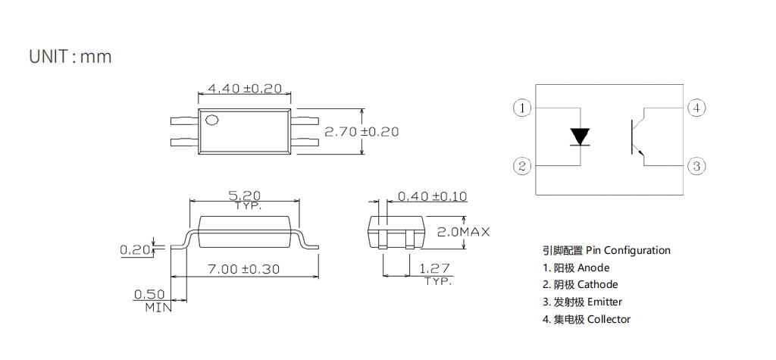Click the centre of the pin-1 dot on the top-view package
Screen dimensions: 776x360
point(212,120)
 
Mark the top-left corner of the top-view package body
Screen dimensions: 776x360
point(198,109)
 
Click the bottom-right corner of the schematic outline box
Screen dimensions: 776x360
point(684,195)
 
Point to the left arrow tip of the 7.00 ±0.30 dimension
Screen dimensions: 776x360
point(171,277)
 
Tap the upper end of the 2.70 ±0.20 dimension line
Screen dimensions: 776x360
point(363,109)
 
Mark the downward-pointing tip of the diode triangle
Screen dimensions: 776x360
point(580,145)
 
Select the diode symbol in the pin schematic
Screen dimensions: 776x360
point(580,137)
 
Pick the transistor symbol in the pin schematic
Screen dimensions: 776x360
point(640,136)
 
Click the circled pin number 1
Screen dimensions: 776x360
point(522,108)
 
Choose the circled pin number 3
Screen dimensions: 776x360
point(696,166)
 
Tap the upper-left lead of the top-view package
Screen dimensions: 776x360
point(184,121)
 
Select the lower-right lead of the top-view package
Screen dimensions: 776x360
point(305,142)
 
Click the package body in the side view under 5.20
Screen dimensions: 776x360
point(244,232)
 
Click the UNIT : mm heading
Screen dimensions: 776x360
point(70,56)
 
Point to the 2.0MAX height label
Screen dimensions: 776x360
point(463,231)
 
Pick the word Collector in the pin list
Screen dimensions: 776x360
point(609,319)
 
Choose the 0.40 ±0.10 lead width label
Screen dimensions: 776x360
point(432,196)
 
